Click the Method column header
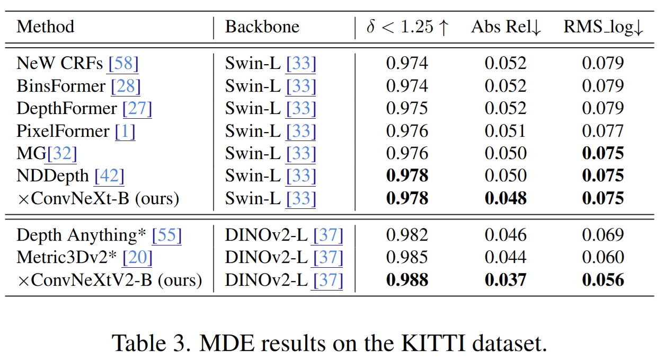pyautogui.click(x=45, y=27)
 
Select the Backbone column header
pyautogui.click(x=262, y=27)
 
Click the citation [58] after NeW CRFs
pyautogui.click(x=123, y=63)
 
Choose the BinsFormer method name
pyautogui.click(x=61, y=86)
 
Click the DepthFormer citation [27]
pyautogui.click(x=137, y=108)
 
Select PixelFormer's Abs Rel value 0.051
pyautogui.click(x=506, y=131)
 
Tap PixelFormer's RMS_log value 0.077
pyautogui.click(x=603, y=131)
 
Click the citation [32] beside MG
pyautogui.click(x=62, y=154)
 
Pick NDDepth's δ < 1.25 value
pyautogui.click(x=407, y=175)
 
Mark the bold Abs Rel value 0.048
pyautogui.click(x=506, y=198)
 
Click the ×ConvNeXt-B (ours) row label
pyautogui.click(x=98, y=198)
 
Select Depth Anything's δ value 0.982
pyautogui.click(x=407, y=235)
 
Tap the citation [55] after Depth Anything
pyautogui.click(x=166, y=235)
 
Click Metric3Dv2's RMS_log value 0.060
pyautogui.click(x=603, y=257)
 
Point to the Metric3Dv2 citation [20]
pyautogui.click(x=137, y=258)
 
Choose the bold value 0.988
pyautogui.click(x=407, y=280)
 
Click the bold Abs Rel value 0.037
pyautogui.click(x=506, y=280)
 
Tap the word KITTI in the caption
pyautogui.click(x=433, y=344)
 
